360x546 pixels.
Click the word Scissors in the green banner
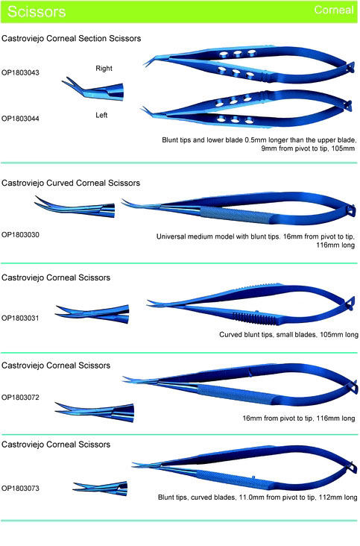[37, 11]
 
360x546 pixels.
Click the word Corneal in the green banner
[334, 10]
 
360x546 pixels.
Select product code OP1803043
[20, 73]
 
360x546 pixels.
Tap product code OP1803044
[20, 119]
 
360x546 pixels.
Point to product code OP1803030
[20, 235]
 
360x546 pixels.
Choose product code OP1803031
[20, 318]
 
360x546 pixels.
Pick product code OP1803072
[20, 398]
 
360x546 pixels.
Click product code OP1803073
[20, 489]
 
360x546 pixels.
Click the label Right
[104, 69]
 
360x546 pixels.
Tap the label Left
[101, 116]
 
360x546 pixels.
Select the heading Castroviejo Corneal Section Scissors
[72, 38]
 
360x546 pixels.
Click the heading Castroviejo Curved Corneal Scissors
[71, 183]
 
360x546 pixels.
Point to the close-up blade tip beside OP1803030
[75, 207]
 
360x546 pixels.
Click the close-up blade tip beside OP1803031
[92, 314]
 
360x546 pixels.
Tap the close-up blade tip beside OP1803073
[101, 488]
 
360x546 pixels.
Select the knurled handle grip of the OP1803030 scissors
[236, 215]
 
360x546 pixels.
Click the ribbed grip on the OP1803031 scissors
[255, 318]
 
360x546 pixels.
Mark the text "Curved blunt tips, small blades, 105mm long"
[288, 335]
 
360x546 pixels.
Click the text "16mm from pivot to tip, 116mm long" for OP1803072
[299, 418]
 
